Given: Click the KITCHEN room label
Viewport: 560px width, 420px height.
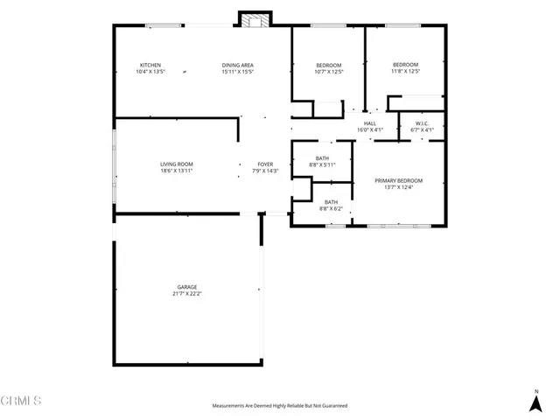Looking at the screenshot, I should coord(150,65).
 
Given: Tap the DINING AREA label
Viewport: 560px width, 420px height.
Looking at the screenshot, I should coord(237,65).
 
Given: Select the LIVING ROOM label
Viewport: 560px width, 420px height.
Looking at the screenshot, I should coord(176,164).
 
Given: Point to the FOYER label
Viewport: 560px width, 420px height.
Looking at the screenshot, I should coord(265,164).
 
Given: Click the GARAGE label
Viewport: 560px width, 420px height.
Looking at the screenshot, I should coord(187,287).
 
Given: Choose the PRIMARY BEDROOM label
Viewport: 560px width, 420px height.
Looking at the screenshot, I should coord(398,180).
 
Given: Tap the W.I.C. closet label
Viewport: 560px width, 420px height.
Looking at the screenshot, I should coord(422,123).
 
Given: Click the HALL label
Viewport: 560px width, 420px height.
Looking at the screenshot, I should coord(370,123).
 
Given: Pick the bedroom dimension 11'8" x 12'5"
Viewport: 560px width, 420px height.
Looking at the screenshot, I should coord(405,72).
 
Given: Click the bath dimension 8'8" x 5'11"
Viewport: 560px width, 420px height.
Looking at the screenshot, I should coord(322,164).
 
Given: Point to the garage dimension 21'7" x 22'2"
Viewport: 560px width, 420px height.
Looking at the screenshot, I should coord(187,294).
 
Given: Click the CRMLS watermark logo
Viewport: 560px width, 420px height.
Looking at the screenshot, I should coord(21,401).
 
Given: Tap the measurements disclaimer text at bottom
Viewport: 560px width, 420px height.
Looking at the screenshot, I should coord(279,406).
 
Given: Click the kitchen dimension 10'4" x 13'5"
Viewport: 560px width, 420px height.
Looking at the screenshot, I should coord(150,72).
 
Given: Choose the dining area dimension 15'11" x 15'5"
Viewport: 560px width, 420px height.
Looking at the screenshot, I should coord(237,72).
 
